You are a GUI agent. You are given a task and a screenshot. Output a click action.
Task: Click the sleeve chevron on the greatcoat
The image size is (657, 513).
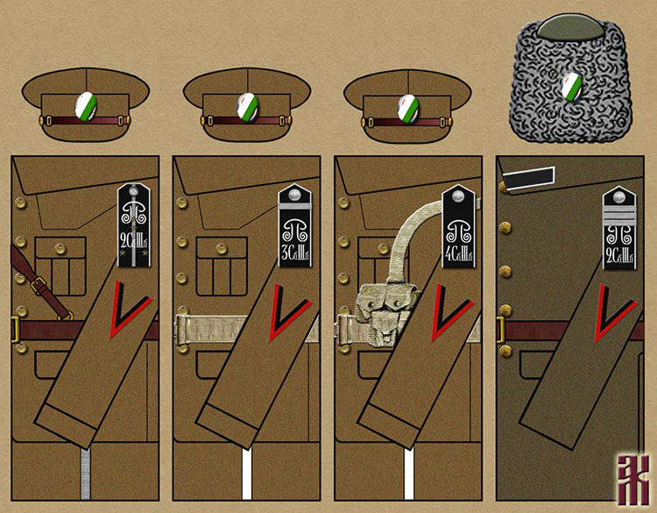coord(613,317)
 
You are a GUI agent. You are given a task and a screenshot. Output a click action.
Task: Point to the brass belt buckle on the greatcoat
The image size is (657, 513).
coord(501,330)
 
